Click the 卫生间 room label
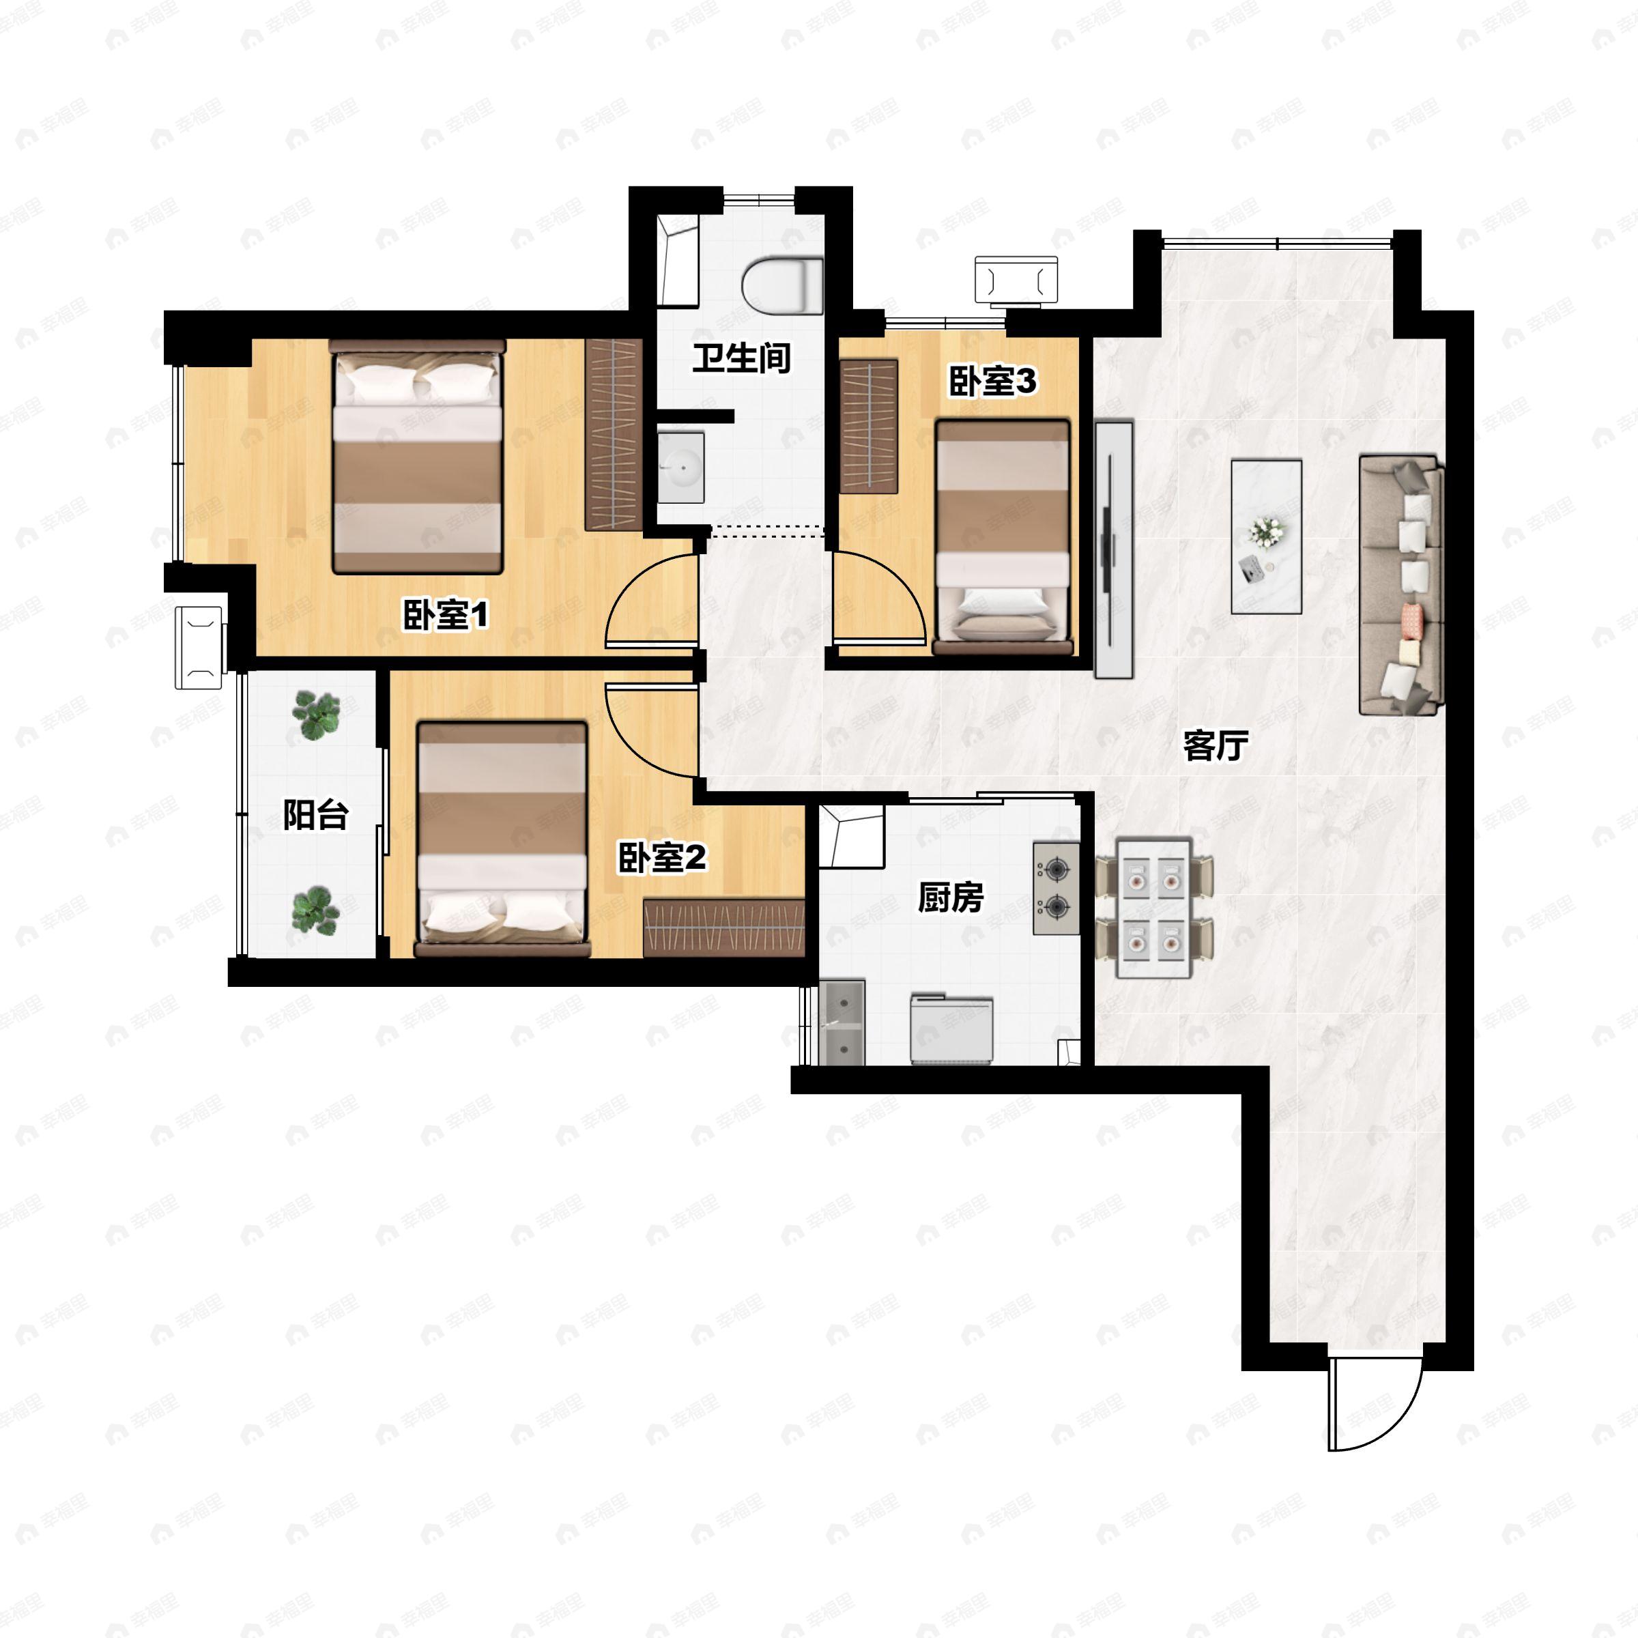click(742, 358)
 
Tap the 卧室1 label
click(446, 615)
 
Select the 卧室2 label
click(661, 857)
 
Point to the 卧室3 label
click(992, 382)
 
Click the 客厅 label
click(1216, 745)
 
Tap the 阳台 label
click(315, 815)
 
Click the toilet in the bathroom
click(781, 285)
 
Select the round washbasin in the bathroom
click(681, 467)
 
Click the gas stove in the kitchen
click(1057, 889)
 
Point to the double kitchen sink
click(843, 1022)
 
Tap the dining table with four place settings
click(1154, 907)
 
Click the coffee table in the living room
click(1267, 536)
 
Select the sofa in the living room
click(1401, 585)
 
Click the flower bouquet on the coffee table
click(1267, 532)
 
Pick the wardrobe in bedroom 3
click(869, 427)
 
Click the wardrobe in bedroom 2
click(723, 928)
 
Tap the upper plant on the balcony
click(315, 714)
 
